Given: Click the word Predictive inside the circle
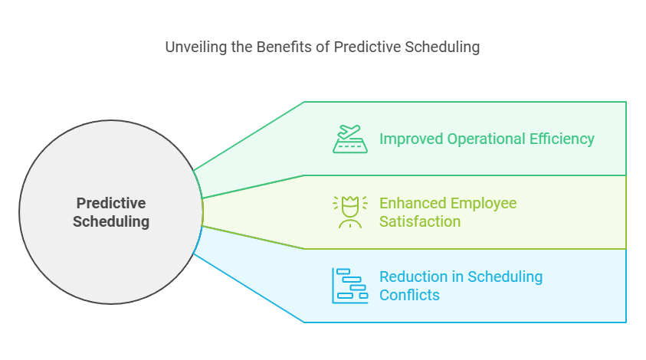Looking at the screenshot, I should pyautogui.click(x=111, y=204).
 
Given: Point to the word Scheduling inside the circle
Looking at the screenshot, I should pyautogui.click(x=111, y=222).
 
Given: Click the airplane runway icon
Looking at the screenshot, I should pyautogui.click(x=349, y=139).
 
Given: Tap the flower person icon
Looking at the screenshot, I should pyautogui.click(x=349, y=212).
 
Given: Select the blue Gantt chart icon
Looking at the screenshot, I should pyautogui.click(x=349, y=286).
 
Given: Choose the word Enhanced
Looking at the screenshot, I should pyautogui.click(x=412, y=204).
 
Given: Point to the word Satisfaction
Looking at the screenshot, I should pyautogui.click(x=420, y=222).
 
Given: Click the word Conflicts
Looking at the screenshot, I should pyautogui.click(x=409, y=296).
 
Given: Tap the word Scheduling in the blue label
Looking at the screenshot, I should pyautogui.click(x=505, y=277).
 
